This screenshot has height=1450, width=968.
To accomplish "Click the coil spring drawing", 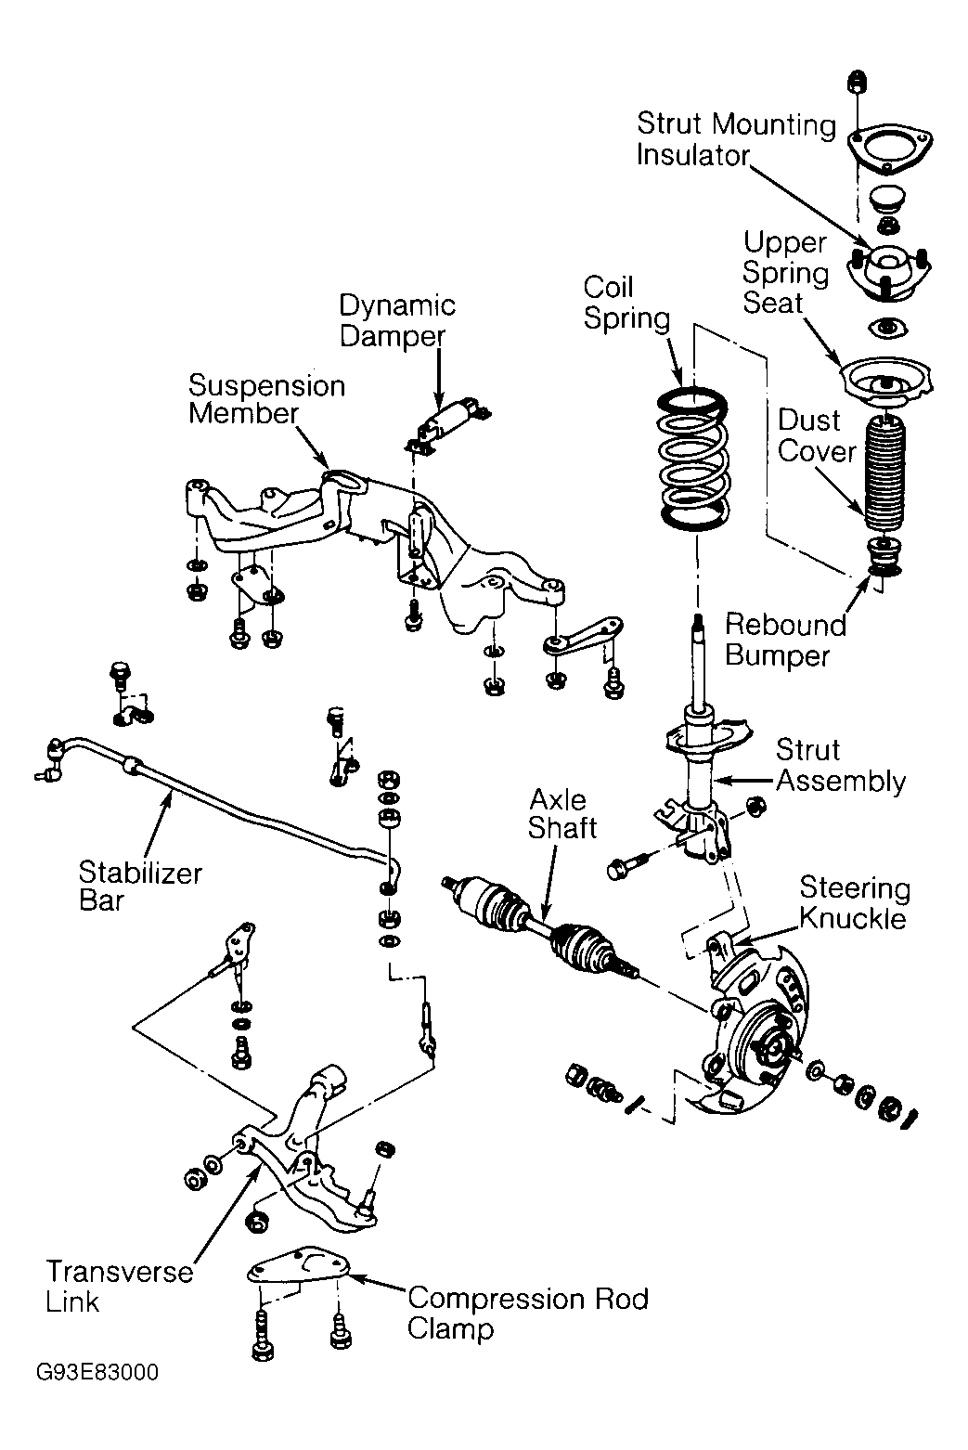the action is coord(693,460).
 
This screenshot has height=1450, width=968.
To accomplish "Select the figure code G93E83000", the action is coord(97,1373).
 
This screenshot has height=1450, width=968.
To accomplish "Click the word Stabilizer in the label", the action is coord(140,874).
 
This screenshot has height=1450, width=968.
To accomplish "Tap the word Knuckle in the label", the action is coord(853,918).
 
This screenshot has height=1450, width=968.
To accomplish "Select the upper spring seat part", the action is coord(887,382).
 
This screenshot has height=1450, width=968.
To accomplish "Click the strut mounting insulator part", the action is coord(888,273).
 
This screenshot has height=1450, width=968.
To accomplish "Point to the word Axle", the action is coord(558,800).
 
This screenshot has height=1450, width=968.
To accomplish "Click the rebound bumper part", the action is coord(884,555).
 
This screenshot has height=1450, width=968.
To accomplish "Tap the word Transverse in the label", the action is coord(120,1272).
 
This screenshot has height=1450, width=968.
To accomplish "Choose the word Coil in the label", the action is coord(608,287).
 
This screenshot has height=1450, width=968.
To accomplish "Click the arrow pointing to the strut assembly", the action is coord(744,781).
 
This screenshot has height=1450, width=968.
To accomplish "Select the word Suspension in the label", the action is coord(266,385).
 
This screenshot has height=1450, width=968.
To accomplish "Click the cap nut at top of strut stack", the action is coord(858,81).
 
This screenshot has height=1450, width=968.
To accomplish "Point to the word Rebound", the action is coord(785,625).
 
